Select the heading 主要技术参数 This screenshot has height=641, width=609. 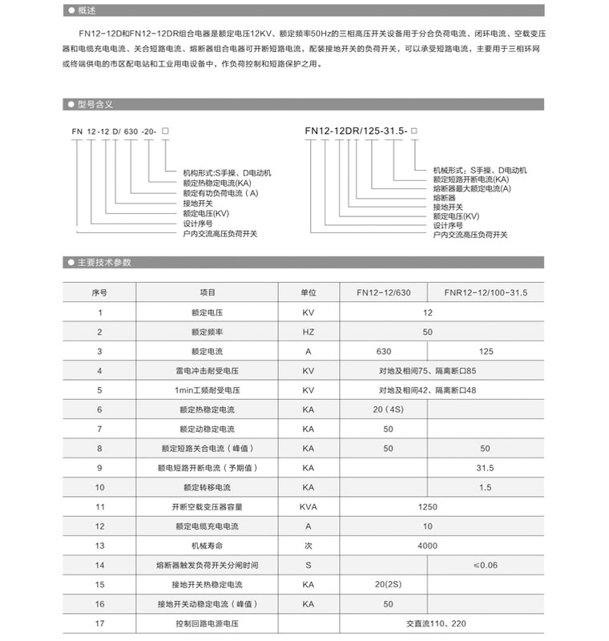104,263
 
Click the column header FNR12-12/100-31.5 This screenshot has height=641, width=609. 485,293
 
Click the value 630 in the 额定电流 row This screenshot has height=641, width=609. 384,351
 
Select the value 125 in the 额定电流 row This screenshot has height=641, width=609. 485,351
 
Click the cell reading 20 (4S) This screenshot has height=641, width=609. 389,409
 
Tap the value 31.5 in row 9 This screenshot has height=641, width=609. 485,468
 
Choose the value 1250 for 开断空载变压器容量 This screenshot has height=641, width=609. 428,506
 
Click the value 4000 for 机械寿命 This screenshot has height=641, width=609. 428,546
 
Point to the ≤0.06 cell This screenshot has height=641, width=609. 485,565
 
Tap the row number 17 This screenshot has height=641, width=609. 100,623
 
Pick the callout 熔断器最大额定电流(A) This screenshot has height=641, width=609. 472,188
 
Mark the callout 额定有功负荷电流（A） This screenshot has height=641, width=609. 221,193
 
